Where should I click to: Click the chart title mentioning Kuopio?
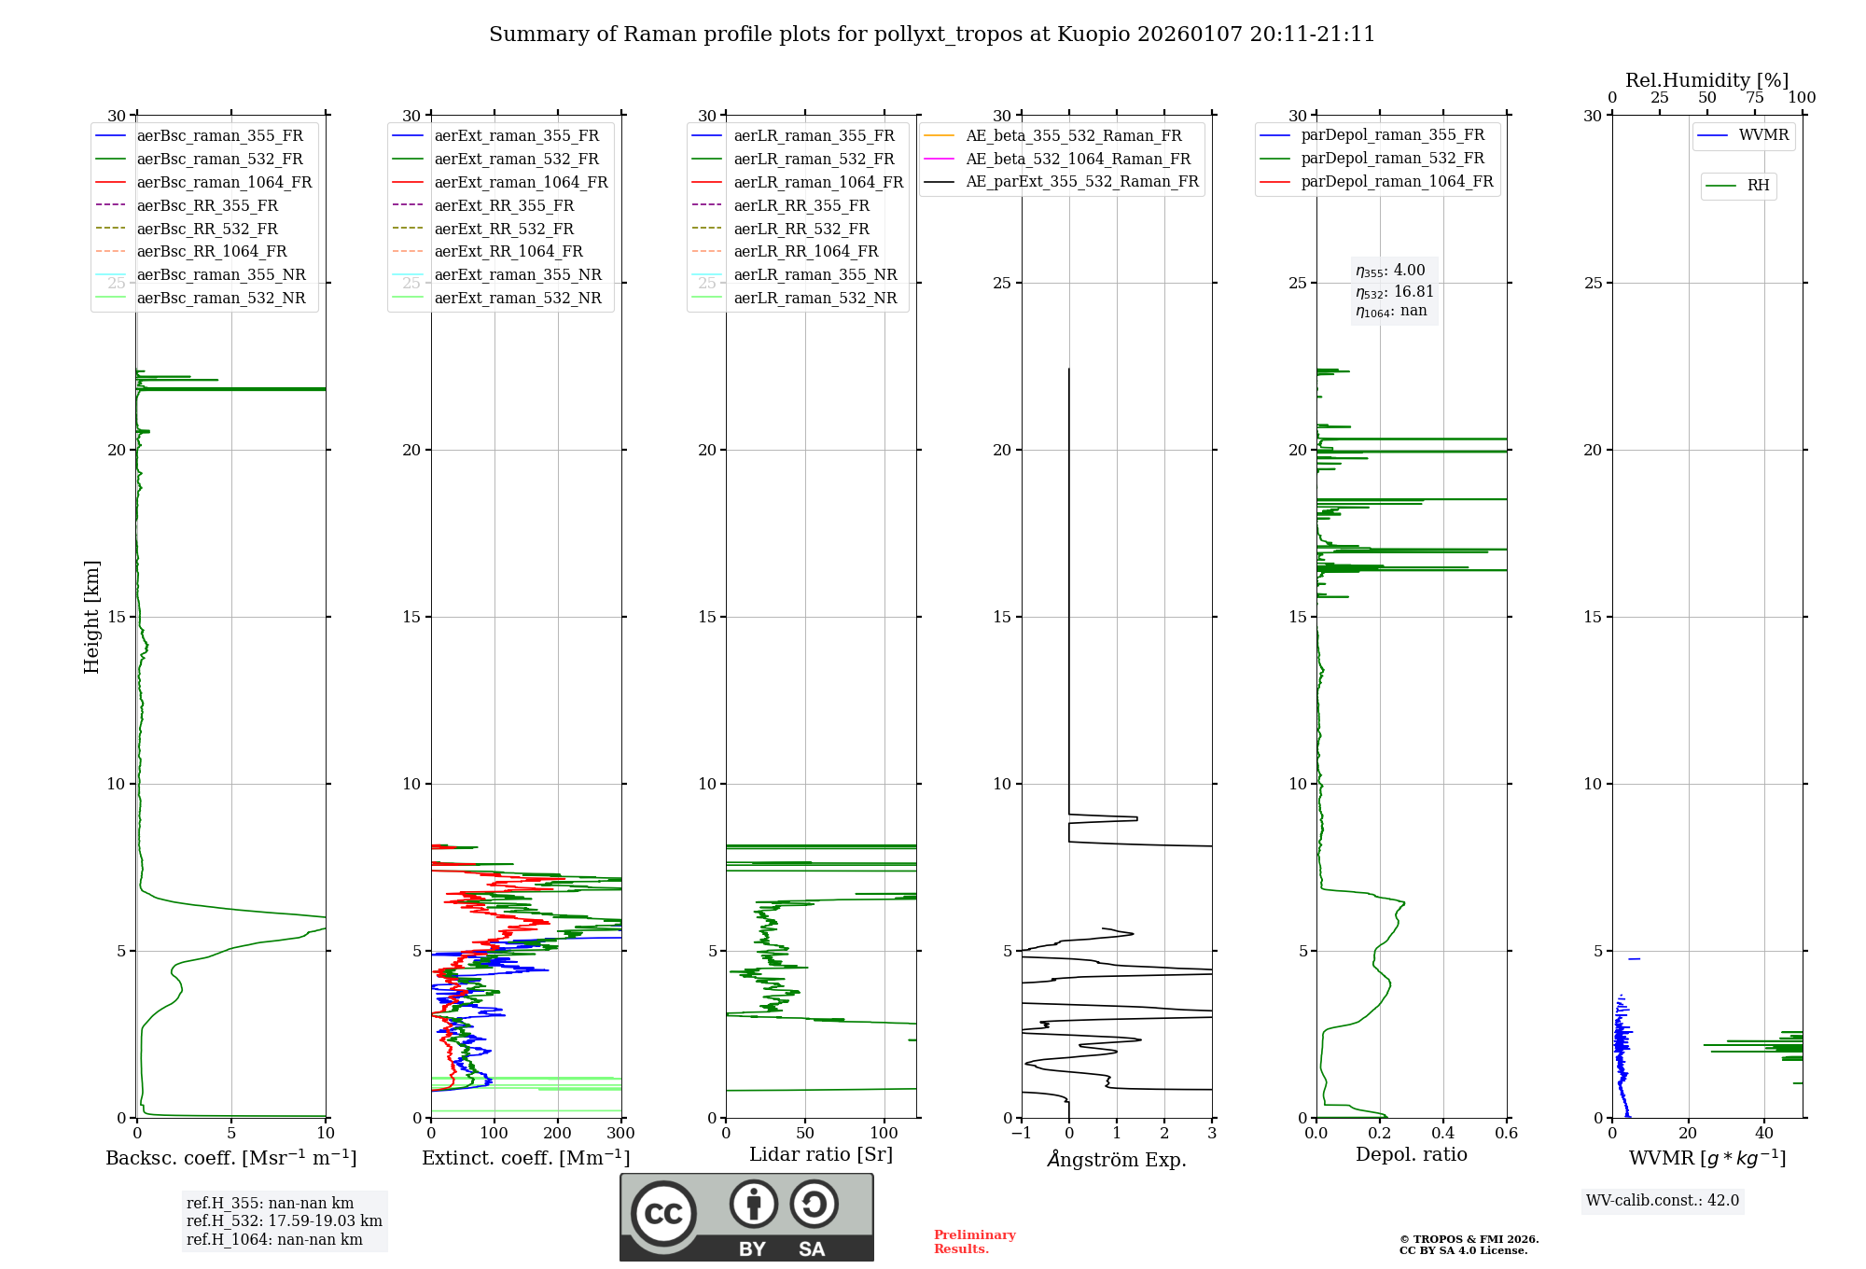coord(931,35)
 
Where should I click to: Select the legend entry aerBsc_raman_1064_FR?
coord(224,182)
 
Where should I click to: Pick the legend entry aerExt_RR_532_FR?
coord(504,229)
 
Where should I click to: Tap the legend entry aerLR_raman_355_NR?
coord(815,274)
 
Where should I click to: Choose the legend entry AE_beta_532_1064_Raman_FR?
coord(1078,159)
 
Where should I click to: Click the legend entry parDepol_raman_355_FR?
coord(1392,135)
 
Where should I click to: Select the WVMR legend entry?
coord(1763,135)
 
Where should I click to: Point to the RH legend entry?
coord(1758,186)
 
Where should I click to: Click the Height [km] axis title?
coord(91,616)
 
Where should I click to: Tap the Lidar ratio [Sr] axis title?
coord(820,1154)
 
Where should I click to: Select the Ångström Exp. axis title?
coord(1116,1159)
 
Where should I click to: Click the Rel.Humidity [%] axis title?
coord(1706,80)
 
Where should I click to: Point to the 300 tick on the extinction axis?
coord(620,1134)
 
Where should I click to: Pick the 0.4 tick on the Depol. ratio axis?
coord(1442,1134)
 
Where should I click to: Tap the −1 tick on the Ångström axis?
coord(1021,1134)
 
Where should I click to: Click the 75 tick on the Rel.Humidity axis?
coord(1754,98)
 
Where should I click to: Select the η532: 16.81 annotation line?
coord(1394,291)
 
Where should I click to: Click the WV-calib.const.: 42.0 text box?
coord(1662,1200)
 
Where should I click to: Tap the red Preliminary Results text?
coord(974,1241)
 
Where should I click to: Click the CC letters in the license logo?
coord(663,1213)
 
